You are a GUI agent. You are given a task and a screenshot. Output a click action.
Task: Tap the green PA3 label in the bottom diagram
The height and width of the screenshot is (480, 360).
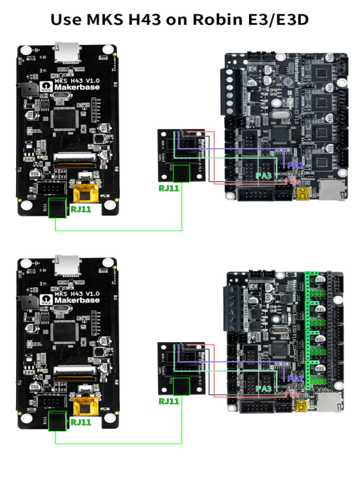point(264,389)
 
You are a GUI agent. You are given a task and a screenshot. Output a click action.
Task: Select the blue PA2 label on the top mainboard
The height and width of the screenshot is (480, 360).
point(295,165)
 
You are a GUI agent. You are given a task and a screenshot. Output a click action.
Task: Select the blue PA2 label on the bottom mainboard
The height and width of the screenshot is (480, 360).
point(295,378)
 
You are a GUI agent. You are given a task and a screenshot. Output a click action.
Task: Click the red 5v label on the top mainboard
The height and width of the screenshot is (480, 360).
point(293,181)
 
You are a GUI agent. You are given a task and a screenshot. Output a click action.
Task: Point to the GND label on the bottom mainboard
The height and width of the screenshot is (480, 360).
point(294,387)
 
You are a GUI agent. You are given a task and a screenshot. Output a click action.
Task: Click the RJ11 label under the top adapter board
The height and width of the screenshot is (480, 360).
point(168,188)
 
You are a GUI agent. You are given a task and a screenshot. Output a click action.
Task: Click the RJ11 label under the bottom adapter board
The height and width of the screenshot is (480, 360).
point(168,401)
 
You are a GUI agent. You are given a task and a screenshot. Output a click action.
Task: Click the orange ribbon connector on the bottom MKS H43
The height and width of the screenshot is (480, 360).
point(86,407)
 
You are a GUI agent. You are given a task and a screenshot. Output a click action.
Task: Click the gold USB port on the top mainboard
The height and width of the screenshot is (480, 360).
point(302,196)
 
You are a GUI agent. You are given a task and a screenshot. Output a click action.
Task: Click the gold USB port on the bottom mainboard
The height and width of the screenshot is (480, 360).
point(302,409)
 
